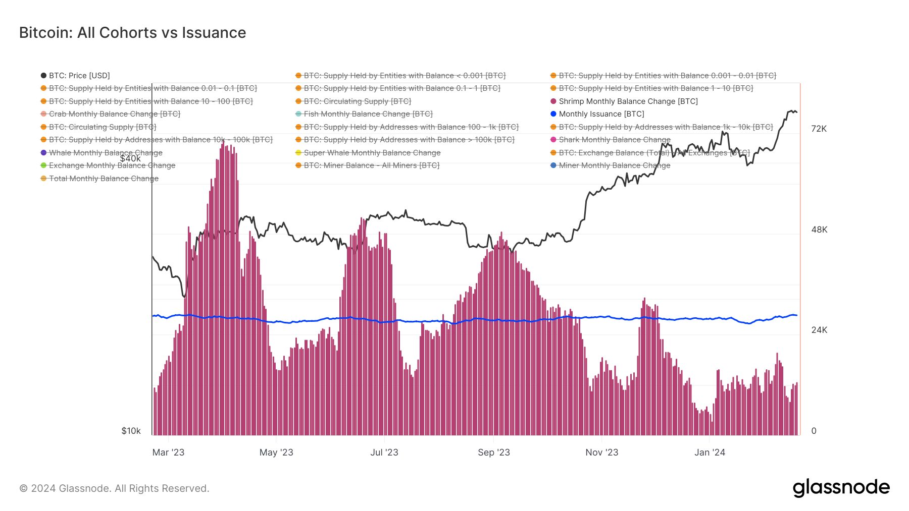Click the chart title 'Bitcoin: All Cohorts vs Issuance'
pyautogui.click(x=132, y=33)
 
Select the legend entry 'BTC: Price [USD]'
pyautogui.click(x=79, y=76)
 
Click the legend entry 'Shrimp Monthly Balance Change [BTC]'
pyautogui.click(x=628, y=101)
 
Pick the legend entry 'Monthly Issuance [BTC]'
pyautogui.click(x=601, y=114)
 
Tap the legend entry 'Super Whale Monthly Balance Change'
pyautogui.click(x=372, y=153)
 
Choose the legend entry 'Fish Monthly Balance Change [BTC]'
pyautogui.click(x=368, y=114)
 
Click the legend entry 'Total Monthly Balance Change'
pyautogui.click(x=104, y=179)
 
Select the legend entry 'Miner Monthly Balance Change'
pyautogui.click(x=614, y=165)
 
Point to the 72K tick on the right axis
pyautogui.click(x=819, y=129)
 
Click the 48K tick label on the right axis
pyautogui.click(x=819, y=230)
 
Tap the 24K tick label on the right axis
pyautogui.click(x=819, y=330)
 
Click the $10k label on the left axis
pyautogui.click(x=131, y=431)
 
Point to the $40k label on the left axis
pyautogui.click(x=130, y=159)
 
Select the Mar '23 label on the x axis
pyautogui.click(x=168, y=452)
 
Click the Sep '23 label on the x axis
pyautogui.click(x=493, y=452)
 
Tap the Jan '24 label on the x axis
pyautogui.click(x=710, y=452)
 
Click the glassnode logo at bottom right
pyautogui.click(x=841, y=488)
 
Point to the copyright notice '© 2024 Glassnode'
pyautogui.click(x=114, y=488)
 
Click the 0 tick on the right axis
pyautogui.click(x=814, y=431)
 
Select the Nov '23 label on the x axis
pyautogui.click(x=601, y=452)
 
